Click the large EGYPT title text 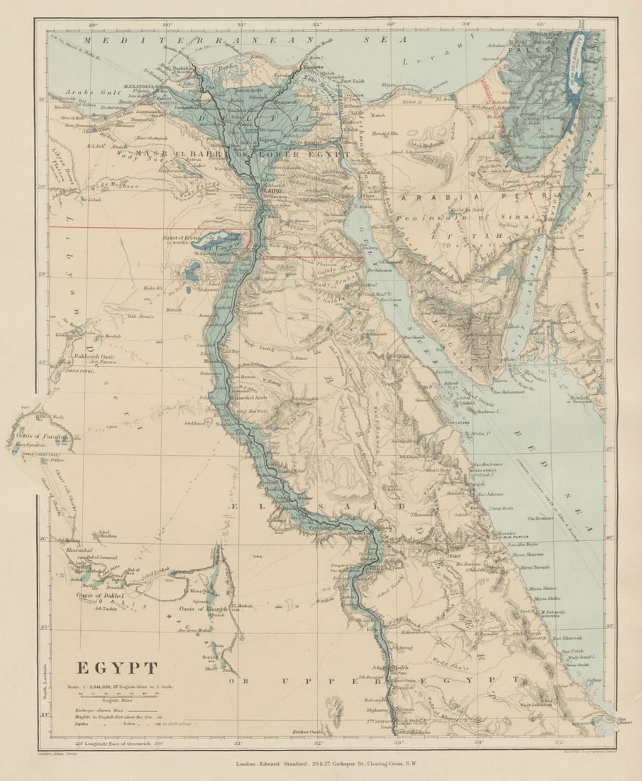[117, 668]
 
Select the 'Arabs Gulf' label [85, 92]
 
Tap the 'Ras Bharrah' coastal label [575, 638]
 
